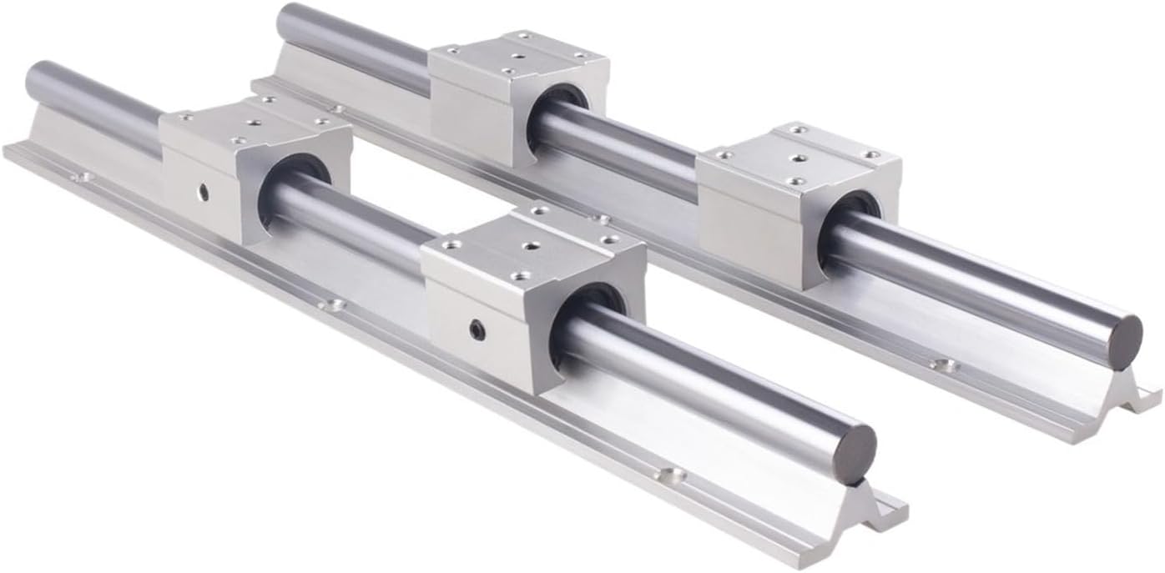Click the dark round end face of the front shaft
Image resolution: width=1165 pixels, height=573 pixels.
(854, 452)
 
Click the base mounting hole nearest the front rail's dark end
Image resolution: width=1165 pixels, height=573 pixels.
(668, 475)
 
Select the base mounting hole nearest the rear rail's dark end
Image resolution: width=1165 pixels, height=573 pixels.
(944, 364)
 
